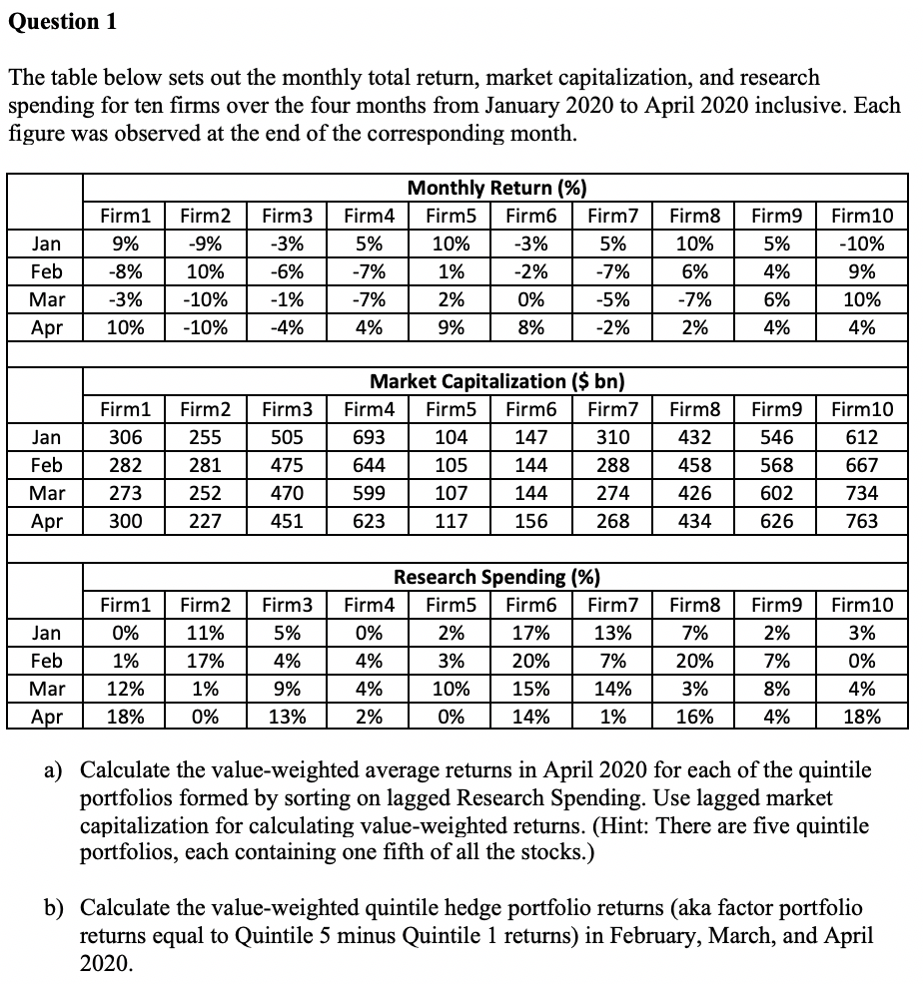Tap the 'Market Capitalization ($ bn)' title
pyautogui.click(x=496, y=382)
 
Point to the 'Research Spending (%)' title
pyautogui.click(x=496, y=577)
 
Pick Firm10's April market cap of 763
pyautogui.click(x=862, y=520)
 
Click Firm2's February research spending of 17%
pyautogui.click(x=205, y=660)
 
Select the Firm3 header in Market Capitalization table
pyautogui.click(x=287, y=409)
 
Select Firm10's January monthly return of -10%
pyautogui.click(x=862, y=243)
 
